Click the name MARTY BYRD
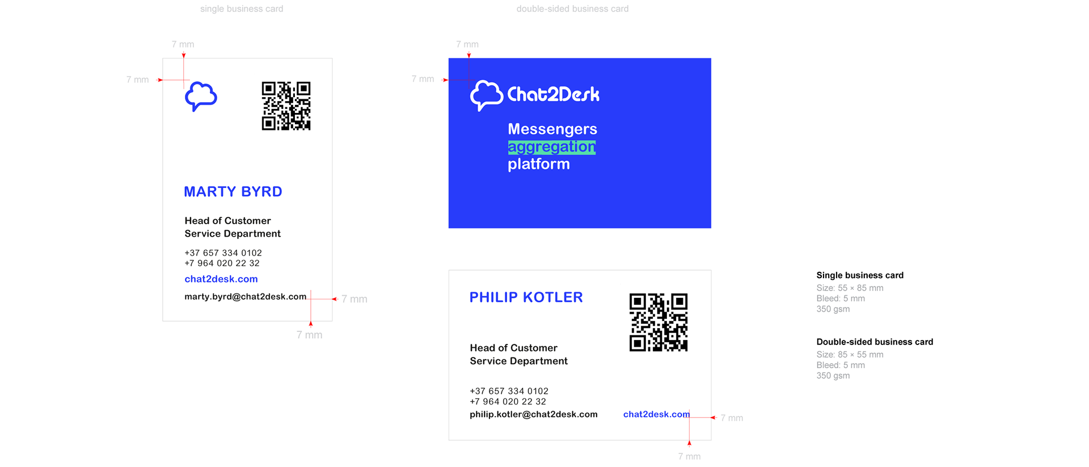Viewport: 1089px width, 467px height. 233,192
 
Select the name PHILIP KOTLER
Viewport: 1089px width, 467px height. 526,297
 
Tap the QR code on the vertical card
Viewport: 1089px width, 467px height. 286,106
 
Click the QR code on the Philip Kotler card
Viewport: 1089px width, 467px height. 659,322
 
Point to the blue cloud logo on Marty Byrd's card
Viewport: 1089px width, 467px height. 201,96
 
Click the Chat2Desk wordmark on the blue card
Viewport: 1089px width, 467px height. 553,94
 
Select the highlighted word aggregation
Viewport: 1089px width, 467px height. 551,147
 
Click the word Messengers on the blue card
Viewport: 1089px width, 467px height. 552,129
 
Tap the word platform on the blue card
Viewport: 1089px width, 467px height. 538,164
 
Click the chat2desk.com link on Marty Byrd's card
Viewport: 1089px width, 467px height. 221,279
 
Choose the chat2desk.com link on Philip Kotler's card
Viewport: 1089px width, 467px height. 656,414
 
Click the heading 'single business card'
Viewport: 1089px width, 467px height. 241,9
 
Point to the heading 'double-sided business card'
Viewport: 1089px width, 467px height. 572,9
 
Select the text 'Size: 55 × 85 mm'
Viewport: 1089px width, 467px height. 850,288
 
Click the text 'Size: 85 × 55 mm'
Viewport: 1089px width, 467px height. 850,355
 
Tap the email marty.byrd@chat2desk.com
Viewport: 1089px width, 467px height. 245,297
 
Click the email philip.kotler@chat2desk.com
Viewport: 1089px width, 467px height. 533,415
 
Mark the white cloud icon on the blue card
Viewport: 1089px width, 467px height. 486,95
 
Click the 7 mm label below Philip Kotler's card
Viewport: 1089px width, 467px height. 689,456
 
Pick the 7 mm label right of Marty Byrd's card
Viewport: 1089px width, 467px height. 354,299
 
